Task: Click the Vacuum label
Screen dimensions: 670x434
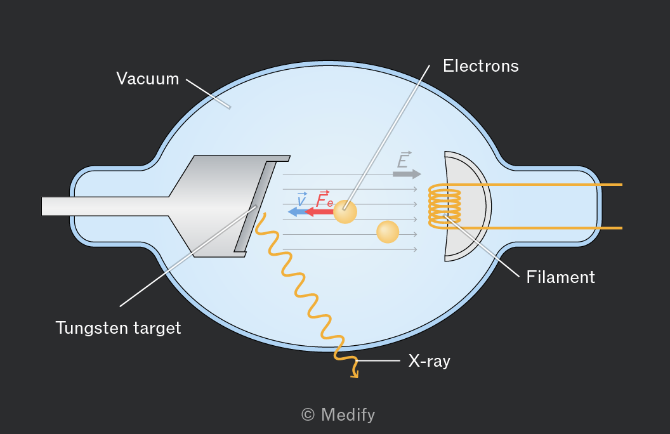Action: pyautogui.click(x=147, y=79)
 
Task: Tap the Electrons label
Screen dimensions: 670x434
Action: pyautogui.click(x=481, y=66)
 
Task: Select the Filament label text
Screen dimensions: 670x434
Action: pyautogui.click(x=561, y=277)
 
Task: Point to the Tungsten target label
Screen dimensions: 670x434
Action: pyautogui.click(x=119, y=328)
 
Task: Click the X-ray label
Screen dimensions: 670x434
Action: pyautogui.click(x=430, y=361)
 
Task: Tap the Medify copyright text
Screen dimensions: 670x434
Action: pyautogui.click(x=338, y=415)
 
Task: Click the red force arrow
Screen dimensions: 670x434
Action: pyautogui.click(x=319, y=211)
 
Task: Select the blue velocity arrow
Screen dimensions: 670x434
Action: pyautogui.click(x=297, y=211)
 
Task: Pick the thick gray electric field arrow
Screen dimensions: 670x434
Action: pyautogui.click(x=407, y=174)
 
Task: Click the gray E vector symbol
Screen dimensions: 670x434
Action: pyautogui.click(x=404, y=160)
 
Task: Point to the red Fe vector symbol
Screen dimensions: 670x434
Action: pyautogui.click(x=325, y=199)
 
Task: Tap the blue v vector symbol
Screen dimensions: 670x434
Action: pyautogui.click(x=301, y=199)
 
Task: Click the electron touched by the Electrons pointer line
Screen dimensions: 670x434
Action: pyautogui.click(x=345, y=211)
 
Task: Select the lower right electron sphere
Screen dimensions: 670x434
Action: pyautogui.click(x=388, y=232)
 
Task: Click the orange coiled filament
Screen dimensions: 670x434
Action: pyautogui.click(x=445, y=206)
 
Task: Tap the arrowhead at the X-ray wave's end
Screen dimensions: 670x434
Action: pyautogui.click(x=355, y=376)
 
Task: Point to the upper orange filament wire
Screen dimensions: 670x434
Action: pyautogui.click(x=541, y=185)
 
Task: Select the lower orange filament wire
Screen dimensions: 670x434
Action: pyautogui.click(x=541, y=228)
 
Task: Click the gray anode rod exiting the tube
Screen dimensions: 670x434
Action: pyautogui.click(x=105, y=206)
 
